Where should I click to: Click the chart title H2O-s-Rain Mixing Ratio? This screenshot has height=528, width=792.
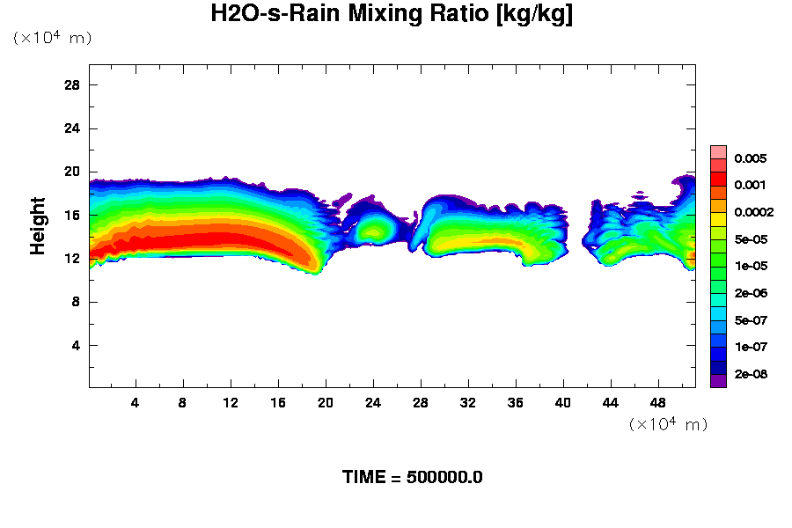tap(392, 15)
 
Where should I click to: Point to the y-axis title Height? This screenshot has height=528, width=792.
tap(38, 236)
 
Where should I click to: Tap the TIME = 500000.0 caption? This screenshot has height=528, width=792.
tap(412, 478)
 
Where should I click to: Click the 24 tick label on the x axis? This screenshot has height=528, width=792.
tap(373, 403)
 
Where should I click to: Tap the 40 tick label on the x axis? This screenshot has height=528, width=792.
tap(562, 403)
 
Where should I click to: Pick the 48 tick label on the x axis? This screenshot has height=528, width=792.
tap(657, 403)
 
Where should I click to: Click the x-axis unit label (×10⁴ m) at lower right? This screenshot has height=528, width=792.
tap(668, 425)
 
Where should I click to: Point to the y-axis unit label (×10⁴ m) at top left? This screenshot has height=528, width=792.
tap(52, 38)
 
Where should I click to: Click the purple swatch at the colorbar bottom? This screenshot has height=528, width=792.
tap(718, 381)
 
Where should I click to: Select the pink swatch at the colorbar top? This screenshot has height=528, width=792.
tap(718, 151)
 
